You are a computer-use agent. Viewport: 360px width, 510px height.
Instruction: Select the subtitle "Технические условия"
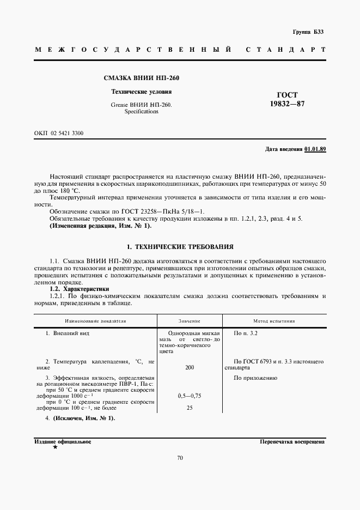141,92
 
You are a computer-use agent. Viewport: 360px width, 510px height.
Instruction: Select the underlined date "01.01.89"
315,149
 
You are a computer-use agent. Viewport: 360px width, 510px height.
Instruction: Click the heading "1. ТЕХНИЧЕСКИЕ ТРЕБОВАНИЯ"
180,246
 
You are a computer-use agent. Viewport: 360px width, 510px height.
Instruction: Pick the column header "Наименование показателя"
95,321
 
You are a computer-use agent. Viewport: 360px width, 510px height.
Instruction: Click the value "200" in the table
190,368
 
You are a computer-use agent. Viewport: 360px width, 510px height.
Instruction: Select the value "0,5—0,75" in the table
190,396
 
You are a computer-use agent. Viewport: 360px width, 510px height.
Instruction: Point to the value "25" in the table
190,407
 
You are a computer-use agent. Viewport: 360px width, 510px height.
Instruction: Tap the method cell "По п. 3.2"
245,332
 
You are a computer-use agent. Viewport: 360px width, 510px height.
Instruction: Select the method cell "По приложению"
255,378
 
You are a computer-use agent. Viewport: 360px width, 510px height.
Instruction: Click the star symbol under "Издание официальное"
54,447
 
